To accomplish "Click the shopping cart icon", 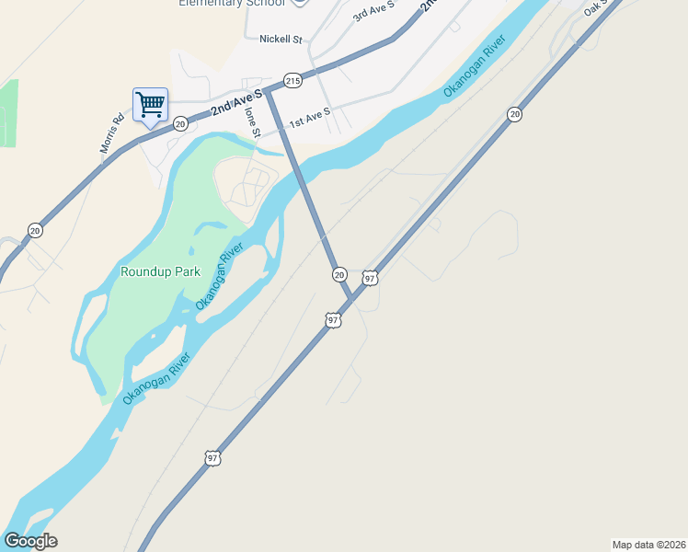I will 150,104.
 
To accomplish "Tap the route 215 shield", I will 292,81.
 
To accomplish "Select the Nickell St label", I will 281,40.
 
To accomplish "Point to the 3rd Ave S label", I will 373,12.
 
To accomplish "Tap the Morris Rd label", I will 112,133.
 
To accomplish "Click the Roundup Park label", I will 147,271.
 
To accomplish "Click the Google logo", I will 30,541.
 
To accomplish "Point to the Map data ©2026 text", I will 648,544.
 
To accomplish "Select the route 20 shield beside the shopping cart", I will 180,122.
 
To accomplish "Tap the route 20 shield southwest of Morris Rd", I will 35,230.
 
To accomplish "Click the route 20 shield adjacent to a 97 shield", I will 339,275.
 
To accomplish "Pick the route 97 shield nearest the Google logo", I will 213,457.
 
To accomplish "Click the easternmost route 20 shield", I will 514,114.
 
